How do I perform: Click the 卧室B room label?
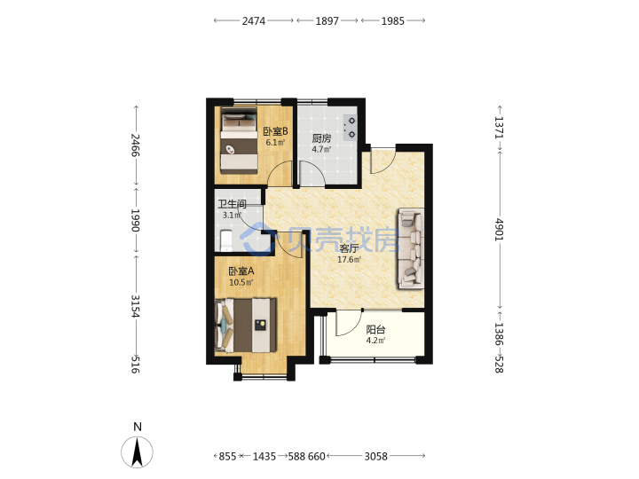point(275,131)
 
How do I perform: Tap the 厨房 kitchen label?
point(321,138)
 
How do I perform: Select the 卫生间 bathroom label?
point(232,204)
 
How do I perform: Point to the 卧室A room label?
point(241,271)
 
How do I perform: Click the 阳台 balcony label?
point(375,329)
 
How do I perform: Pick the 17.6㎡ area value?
point(349,259)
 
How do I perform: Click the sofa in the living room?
point(411,248)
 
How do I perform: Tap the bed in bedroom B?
point(240,140)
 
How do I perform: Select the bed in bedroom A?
point(246,326)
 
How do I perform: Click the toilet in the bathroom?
point(225,241)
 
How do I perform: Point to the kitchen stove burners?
point(351,128)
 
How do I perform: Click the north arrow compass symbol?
point(138,452)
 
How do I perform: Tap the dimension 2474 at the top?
point(254,20)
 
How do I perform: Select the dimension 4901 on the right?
point(500,230)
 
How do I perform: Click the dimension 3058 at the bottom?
point(375,456)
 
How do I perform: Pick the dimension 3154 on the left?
point(135,306)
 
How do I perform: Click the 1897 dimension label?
point(327,20)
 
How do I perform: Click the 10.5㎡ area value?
point(241,282)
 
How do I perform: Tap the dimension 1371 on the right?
point(500,128)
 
